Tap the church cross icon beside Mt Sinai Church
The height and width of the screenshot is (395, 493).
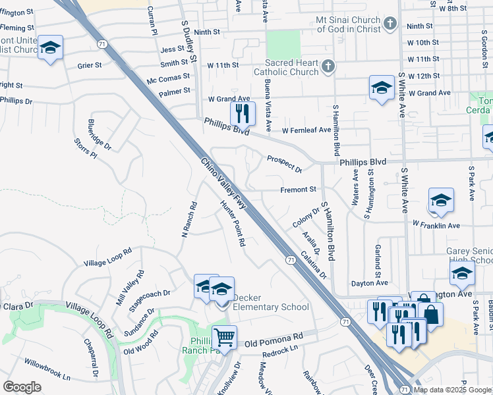390,24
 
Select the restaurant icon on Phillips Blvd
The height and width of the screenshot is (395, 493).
243,113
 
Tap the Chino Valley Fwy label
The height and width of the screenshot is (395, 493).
223,184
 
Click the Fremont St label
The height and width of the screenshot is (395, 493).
299,190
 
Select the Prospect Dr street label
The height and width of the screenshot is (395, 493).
284,164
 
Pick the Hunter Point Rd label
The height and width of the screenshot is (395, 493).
233,224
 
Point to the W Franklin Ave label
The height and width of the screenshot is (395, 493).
436,225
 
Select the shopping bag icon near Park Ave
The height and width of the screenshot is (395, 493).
430,313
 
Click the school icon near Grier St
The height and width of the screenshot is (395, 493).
50,47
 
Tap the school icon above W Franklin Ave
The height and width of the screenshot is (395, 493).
441,199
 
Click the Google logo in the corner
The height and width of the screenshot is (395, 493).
22,386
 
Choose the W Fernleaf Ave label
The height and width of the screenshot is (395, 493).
306,130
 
